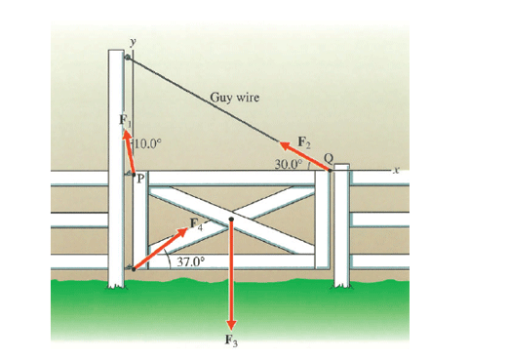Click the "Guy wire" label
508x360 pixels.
click(235, 98)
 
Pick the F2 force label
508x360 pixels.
click(303, 142)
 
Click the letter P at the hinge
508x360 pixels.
click(139, 179)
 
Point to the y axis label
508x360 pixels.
click(128, 44)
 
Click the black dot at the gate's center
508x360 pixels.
click(232, 220)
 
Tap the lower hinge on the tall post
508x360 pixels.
click(131, 267)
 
